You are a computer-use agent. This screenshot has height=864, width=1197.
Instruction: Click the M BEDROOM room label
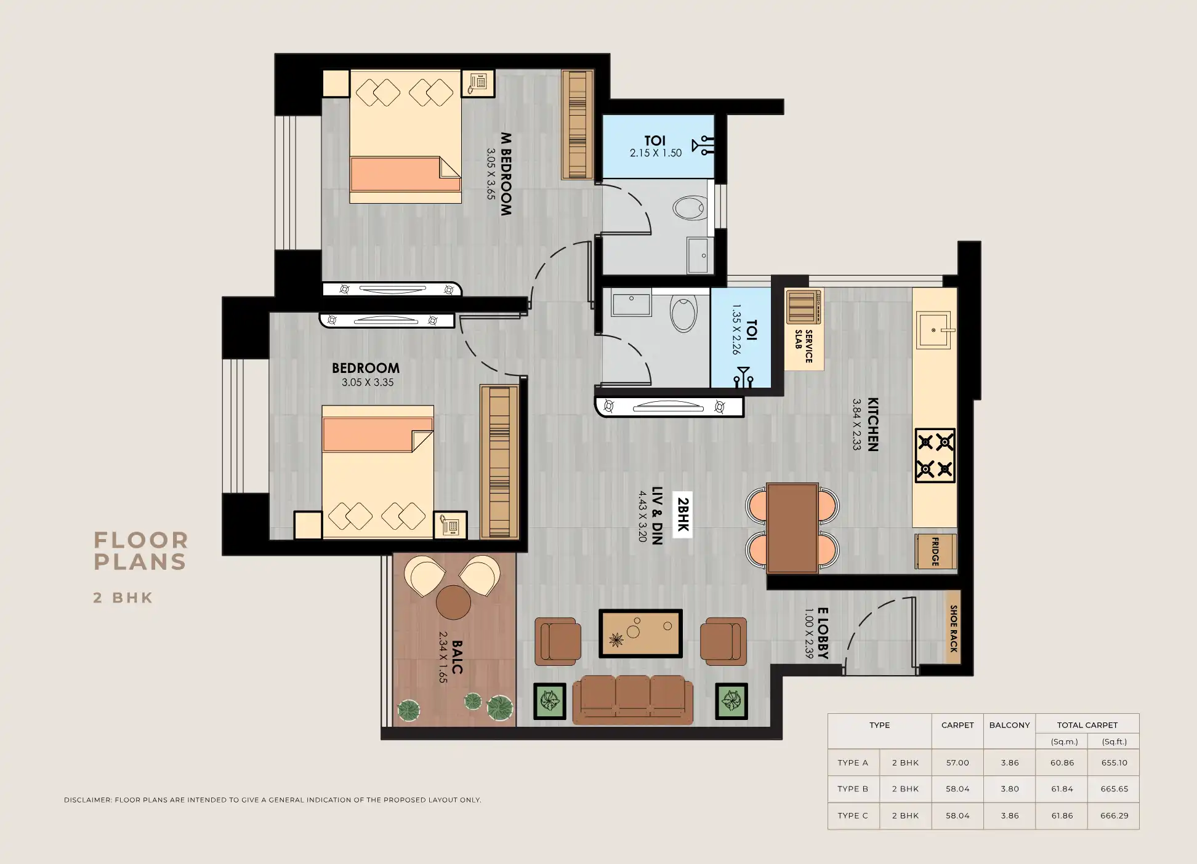pos(506,174)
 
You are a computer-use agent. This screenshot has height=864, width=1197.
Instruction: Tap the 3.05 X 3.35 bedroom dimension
pos(368,382)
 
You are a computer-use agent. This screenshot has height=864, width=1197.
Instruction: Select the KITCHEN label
pos(873,425)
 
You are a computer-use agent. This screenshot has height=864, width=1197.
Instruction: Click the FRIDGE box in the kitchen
pos(935,551)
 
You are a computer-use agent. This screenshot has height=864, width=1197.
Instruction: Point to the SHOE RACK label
pos(953,628)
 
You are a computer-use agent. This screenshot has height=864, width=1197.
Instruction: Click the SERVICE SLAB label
pos(804,346)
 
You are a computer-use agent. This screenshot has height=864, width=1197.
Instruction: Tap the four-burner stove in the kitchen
pos(935,456)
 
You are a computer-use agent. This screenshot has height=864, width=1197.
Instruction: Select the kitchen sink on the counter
pos(933,330)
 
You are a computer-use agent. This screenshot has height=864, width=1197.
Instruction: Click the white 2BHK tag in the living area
pos(682,514)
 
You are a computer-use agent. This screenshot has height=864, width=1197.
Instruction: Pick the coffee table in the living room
pos(640,633)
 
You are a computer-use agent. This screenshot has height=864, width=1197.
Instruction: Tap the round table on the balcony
pos(453,602)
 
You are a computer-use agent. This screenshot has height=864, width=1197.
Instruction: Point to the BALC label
pos(457,657)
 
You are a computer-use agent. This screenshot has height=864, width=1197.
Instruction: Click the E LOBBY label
pos(823,633)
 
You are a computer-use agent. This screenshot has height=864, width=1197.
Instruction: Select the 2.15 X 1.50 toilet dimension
pos(655,153)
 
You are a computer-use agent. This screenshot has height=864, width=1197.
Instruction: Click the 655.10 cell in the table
pos(1114,762)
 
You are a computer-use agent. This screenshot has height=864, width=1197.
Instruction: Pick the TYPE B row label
pos(853,789)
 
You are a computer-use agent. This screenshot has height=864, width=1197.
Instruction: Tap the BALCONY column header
pos(1009,725)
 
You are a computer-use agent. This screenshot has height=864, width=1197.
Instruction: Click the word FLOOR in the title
pos(141,540)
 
